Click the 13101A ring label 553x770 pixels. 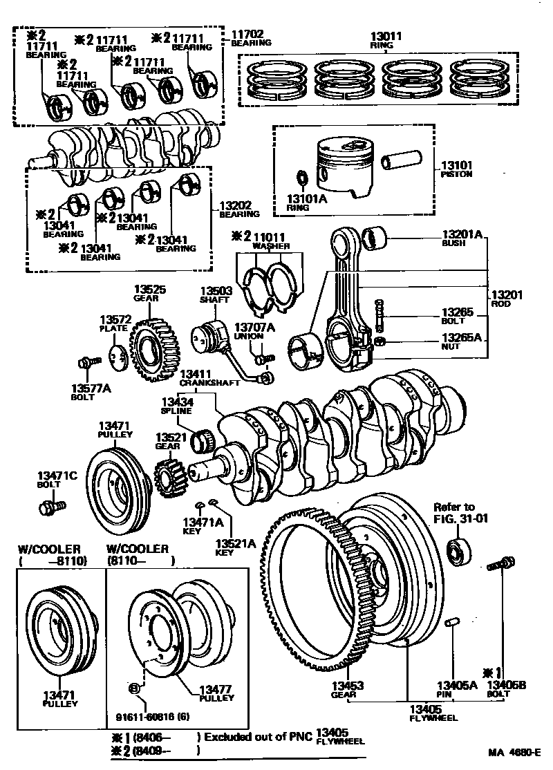(x=306, y=203)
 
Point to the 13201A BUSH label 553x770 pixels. (x=461, y=239)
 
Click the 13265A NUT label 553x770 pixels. (x=461, y=341)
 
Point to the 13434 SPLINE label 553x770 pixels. (x=177, y=405)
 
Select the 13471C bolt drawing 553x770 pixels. (x=50, y=509)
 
